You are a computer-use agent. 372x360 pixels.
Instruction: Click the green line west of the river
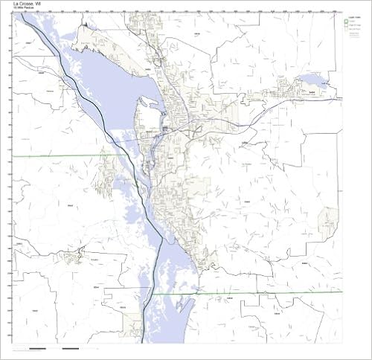60,155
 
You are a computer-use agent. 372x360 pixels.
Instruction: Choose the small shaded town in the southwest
72,257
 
